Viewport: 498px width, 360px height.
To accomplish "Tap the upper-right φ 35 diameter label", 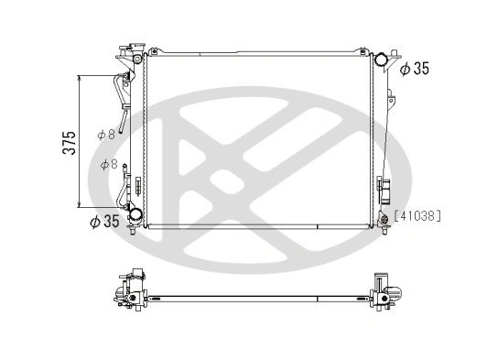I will (415, 68).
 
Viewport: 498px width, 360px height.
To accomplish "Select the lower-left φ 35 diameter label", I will (105, 221).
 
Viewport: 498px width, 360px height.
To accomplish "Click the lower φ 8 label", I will (108, 165).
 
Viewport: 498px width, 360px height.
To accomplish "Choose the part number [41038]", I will (417, 216).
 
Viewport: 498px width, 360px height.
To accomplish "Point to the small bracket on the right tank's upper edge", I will (390, 95).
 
